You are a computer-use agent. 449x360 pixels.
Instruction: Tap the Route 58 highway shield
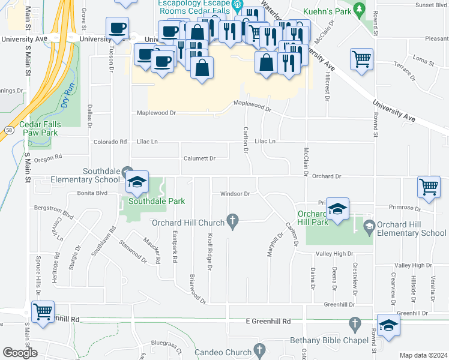click(9, 130)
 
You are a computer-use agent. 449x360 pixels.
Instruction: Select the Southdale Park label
click(152, 202)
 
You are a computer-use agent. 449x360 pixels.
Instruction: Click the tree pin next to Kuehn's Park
click(359, 9)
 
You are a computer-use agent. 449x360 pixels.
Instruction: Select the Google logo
click(19, 353)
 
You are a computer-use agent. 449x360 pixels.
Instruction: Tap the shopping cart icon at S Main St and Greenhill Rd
click(43, 312)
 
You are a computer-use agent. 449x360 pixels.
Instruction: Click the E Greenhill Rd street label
click(268, 322)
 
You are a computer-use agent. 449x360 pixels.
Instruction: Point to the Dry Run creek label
click(65, 95)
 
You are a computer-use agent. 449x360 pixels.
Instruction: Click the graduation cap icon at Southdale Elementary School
click(137, 182)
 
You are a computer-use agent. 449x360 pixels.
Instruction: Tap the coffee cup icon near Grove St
click(117, 28)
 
